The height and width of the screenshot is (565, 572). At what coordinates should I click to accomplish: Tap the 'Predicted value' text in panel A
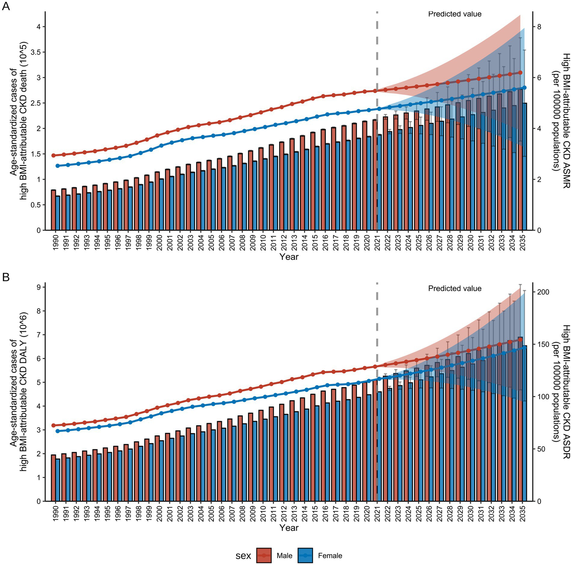[x=455, y=14]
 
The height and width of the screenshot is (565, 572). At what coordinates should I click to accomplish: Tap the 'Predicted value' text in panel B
[x=455, y=288]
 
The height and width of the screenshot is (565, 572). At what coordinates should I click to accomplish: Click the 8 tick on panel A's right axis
[x=538, y=27]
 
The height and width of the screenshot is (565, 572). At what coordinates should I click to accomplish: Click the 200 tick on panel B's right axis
[x=543, y=292]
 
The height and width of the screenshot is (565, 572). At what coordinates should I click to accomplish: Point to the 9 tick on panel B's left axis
[x=38, y=287]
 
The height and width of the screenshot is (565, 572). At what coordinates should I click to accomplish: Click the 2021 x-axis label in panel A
[x=377, y=242]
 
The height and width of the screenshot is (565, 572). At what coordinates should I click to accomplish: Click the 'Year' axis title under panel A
[x=289, y=257]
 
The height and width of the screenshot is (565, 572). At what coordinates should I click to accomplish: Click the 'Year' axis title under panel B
[x=289, y=528]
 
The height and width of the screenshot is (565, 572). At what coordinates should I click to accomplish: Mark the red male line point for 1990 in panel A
[x=53, y=155]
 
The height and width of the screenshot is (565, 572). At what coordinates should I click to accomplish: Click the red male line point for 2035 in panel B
[x=521, y=340]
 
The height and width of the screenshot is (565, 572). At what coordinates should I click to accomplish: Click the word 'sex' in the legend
[x=243, y=556]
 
